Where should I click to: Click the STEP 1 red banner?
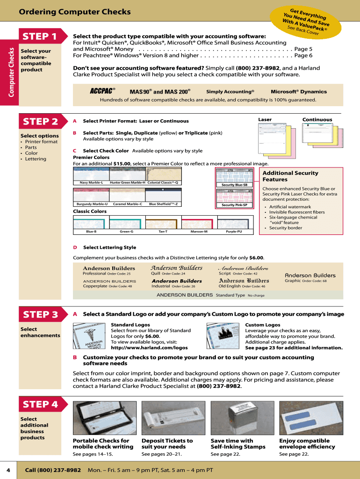40,36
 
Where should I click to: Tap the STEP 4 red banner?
40,404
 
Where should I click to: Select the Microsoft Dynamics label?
299,92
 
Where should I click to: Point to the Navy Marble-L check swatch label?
91,182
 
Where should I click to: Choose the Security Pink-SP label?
234,205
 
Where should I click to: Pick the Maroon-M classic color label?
199,232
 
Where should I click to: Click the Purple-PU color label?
234,232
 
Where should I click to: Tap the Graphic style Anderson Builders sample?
310,276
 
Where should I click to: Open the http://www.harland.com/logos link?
149,348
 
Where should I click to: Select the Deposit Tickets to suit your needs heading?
167,443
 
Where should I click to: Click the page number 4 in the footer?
8,470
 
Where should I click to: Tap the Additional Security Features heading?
290,176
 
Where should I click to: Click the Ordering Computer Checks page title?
75,11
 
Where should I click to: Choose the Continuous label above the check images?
317,120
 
